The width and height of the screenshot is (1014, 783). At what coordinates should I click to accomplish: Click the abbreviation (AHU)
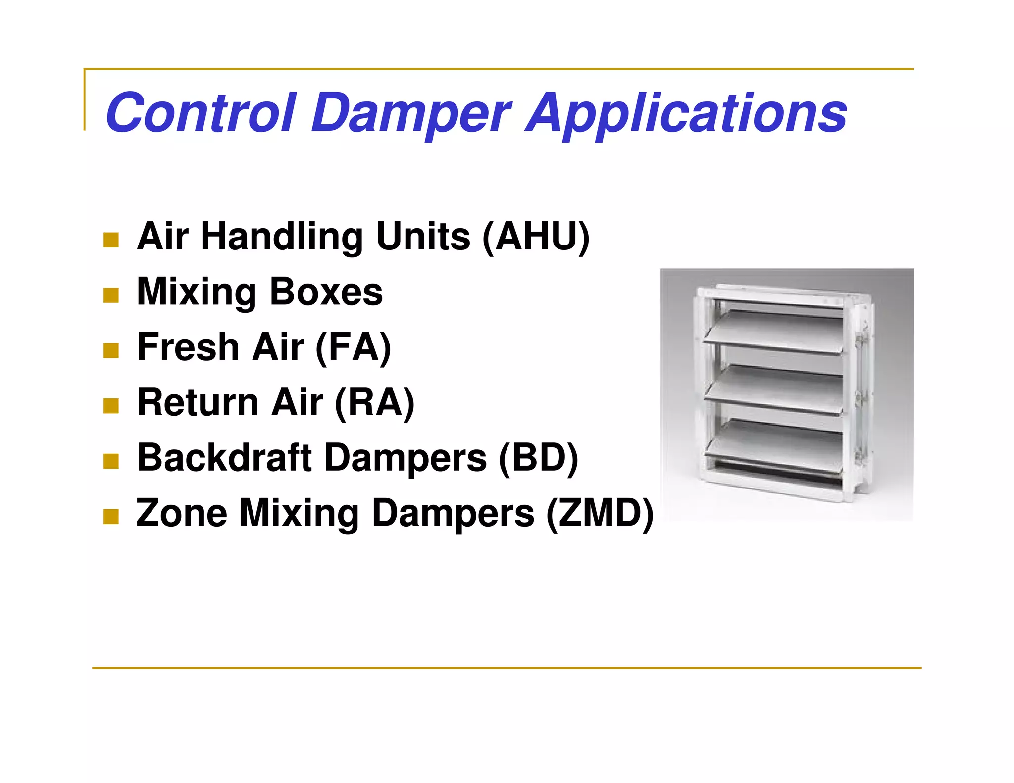[x=536, y=237]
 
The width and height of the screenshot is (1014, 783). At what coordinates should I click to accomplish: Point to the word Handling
[x=282, y=237]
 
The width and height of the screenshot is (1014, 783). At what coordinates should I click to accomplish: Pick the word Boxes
[x=326, y=292]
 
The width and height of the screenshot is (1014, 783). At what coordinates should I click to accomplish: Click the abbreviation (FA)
[x=353, y=347]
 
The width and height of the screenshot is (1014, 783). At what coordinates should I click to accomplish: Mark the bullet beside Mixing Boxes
[x=111, y=295]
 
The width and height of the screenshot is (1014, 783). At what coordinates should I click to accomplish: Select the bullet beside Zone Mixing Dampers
[x=111, y=517]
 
